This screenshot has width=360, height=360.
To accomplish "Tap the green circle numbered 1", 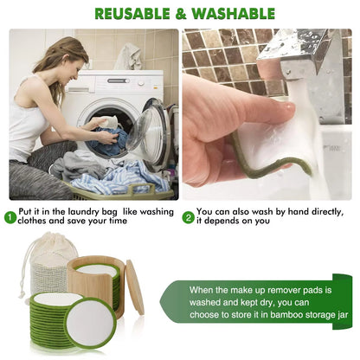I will click(10, 217).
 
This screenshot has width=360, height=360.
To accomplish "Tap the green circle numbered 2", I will click(188, 217).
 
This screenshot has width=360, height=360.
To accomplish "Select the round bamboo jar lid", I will click(135, 286).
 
